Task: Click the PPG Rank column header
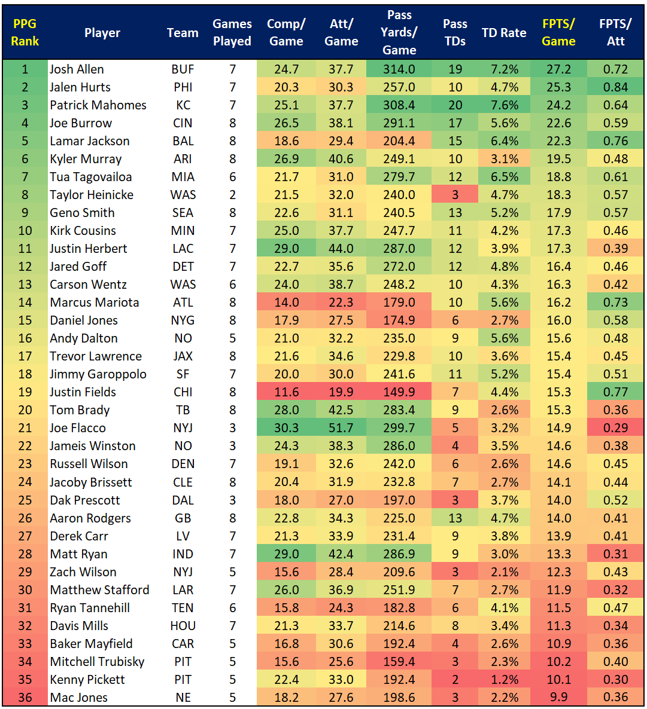(25, 32)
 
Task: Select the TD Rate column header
(504, 33)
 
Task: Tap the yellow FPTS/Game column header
(558, 32)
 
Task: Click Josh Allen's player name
(77, 69)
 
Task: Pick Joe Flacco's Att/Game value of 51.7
(341, 428)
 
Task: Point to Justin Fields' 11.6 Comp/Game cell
(286, 392)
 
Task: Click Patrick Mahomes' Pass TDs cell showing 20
(455, 105)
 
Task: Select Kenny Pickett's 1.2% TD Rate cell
(504, 680)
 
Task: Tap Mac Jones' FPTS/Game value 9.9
(558, 698)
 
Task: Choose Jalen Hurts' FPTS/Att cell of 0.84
(615, 87)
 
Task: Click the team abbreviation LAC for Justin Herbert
(183, 249)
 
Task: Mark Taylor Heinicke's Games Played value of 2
(232, 195)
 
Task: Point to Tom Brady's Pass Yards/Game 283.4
(399, 410)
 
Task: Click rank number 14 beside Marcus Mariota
(25, 302)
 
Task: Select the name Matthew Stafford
(99, 590)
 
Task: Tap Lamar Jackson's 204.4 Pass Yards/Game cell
(399, 141)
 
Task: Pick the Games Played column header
(232, 32)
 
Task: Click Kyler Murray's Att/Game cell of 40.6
(341, 159)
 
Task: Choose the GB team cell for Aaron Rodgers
(183, 518)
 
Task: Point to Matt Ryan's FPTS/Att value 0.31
(615, 554)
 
